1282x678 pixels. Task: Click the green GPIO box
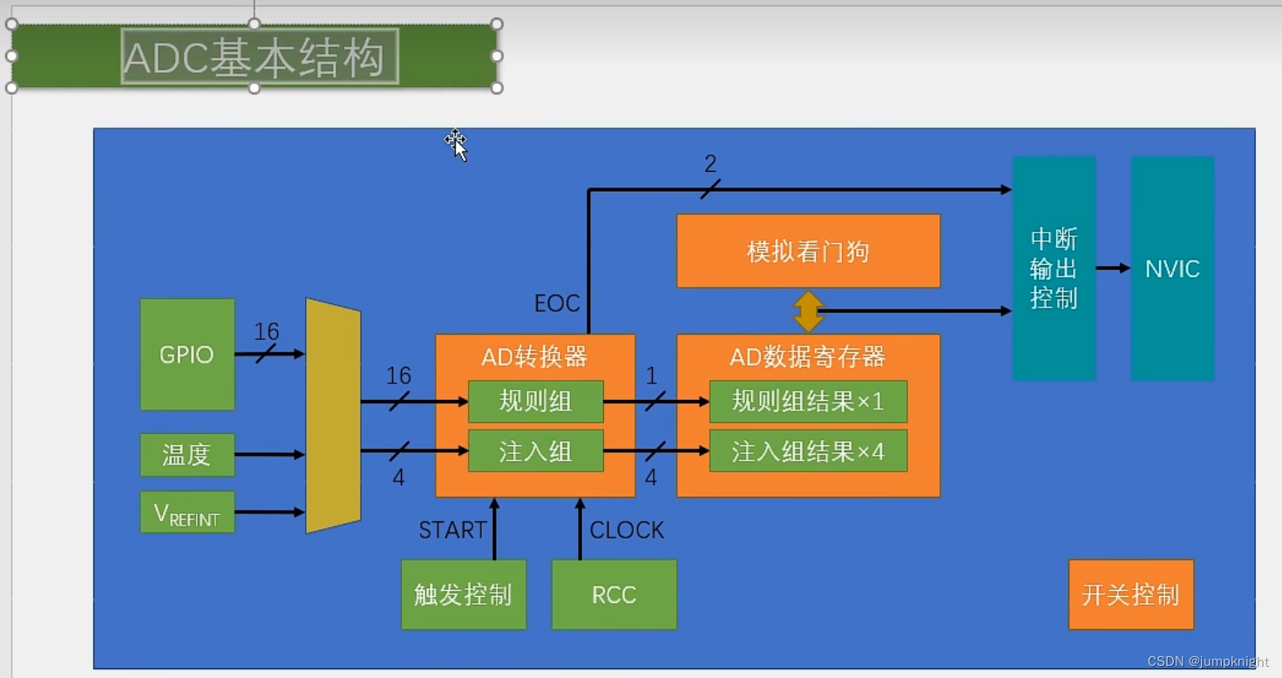(187, 354)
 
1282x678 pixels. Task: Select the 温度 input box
(187, 455)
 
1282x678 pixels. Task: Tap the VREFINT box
(187, 512)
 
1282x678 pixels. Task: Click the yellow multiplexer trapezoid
(333, 416)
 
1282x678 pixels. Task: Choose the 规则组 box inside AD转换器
(535, 402)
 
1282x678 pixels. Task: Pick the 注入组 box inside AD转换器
(535, 451)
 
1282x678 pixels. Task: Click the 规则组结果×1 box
(808, 402)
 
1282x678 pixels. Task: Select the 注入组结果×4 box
(808, 451)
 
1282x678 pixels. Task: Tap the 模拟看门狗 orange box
(808, 251)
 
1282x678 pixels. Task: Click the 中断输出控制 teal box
(1054, 268)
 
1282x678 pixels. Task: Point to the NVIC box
(1172, 268)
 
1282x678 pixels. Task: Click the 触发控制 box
(463, 595)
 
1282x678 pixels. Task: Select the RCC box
(614, 595)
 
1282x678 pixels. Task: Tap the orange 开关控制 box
(1130, 595)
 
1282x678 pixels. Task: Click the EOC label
(557, 303)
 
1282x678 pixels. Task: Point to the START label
(452, 530)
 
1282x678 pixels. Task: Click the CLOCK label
(627, 530)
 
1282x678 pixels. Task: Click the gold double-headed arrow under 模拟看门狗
(808, 311)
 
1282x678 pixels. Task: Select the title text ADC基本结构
(254, 58)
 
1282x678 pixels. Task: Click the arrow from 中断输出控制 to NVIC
(1113, 268)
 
